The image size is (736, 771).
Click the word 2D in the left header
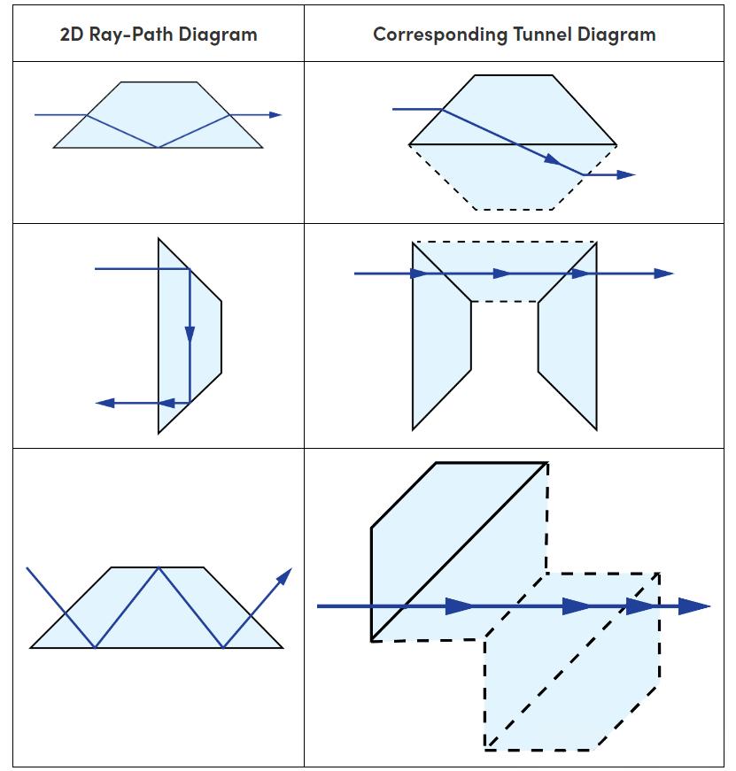coord(72,35)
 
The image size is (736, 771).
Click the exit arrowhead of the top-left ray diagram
coord(275,115)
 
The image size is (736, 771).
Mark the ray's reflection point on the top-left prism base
coord(158,147)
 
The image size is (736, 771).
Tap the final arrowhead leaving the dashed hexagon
coord(626,174)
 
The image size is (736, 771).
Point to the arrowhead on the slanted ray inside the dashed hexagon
coord(553,160)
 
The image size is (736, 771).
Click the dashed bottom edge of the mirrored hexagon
coord(513,210)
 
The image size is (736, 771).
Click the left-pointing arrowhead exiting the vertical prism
coord(105,403)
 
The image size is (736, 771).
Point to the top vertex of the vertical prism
coord(159,238)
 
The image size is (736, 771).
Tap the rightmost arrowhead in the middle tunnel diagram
coord(664,274)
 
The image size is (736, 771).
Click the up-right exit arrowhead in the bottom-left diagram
coord(284,575)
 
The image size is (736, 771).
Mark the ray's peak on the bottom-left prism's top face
coord(158,567)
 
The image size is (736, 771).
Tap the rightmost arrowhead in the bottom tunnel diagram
coord(695,606)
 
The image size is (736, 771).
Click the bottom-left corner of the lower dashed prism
coord(485,749)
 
